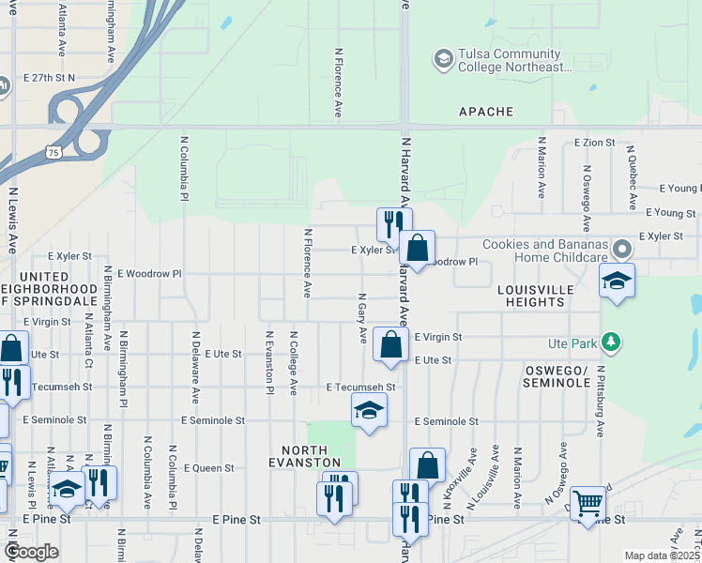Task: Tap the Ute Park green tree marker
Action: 611,342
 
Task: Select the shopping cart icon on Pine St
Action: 588,503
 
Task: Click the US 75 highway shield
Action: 53,152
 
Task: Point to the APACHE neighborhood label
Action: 486,112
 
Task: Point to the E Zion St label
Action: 594,143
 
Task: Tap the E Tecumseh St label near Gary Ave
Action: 360,387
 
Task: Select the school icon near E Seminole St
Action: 369,410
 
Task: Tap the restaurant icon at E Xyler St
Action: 394,223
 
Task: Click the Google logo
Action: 31,552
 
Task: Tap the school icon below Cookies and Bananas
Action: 618,281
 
